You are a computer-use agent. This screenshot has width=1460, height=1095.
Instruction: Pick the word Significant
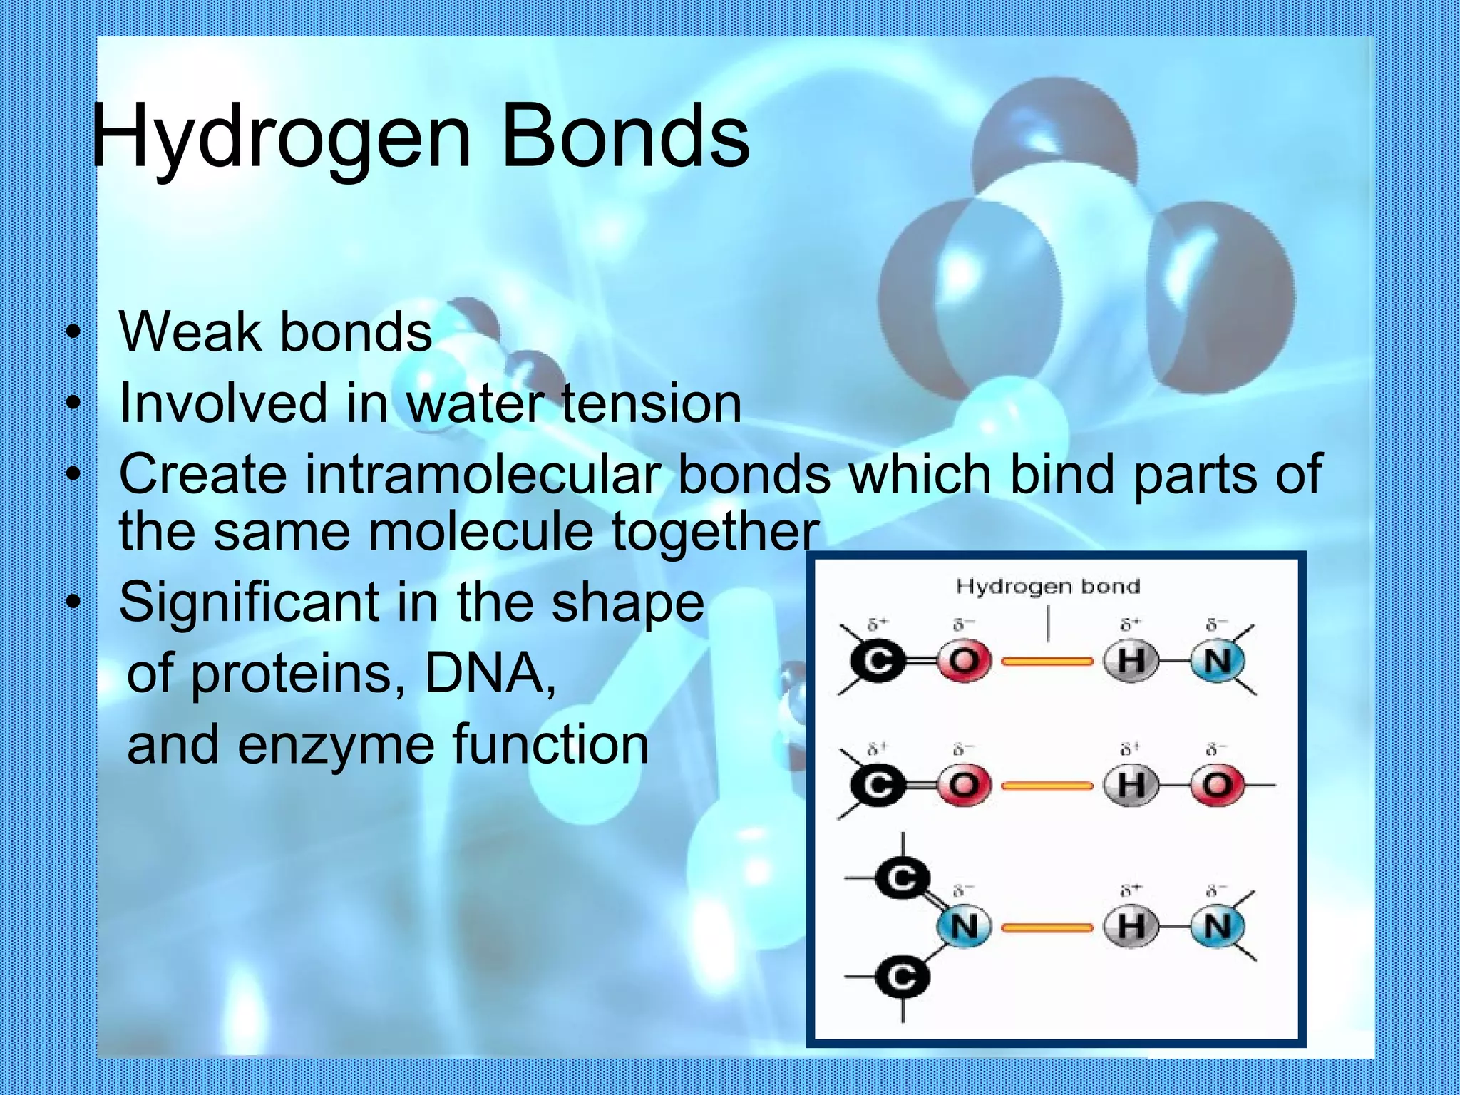point(248,602)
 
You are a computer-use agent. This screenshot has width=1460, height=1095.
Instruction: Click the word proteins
point(292,674)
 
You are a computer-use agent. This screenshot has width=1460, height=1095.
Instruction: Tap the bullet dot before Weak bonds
point(72,333)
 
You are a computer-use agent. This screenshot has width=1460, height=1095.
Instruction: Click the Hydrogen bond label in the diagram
point(1047,587)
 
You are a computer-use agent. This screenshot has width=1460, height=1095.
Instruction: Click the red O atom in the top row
point(964,662)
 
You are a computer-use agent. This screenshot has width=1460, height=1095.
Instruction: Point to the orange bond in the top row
point(1047,662)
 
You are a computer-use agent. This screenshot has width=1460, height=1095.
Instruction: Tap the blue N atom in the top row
point(1218,662)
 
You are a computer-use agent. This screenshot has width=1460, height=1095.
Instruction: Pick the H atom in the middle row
point(1131,786)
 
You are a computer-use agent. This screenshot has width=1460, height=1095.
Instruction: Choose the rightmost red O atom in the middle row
point(1218,786)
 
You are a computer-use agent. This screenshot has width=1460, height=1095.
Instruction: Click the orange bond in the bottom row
point(1047,927)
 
